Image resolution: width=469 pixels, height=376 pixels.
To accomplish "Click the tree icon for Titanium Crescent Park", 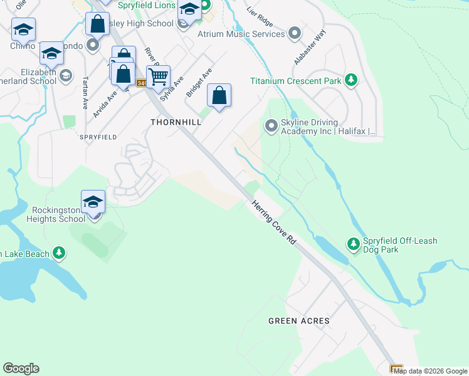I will (352, 80).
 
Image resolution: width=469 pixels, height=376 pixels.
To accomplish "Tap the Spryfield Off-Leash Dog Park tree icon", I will (354, 243).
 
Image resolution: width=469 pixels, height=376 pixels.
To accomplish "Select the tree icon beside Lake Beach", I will (59, 253).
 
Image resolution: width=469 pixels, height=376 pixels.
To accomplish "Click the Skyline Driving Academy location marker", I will (271, 126).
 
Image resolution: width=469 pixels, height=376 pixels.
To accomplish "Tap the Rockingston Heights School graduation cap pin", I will (93, 203).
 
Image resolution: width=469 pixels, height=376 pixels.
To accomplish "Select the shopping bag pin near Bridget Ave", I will (219, 97).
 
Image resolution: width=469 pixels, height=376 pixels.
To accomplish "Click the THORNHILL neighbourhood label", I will (176, 122).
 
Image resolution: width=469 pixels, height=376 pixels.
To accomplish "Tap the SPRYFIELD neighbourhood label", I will (98, 136).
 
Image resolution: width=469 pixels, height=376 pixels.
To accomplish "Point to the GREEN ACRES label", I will (298, 321).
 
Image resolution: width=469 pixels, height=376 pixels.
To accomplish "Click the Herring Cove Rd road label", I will (274, 222).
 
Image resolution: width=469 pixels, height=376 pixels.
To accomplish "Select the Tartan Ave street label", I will (85, 93).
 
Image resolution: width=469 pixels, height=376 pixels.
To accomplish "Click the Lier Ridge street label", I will (261, 13).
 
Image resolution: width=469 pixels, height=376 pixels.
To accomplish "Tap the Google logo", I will (21, 368).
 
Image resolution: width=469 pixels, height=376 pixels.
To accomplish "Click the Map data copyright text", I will (430, 371).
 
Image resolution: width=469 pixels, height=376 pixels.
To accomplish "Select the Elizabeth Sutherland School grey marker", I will (65, 76).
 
